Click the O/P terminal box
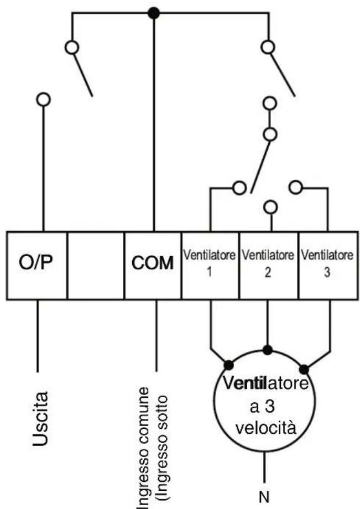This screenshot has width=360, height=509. click(36, 265)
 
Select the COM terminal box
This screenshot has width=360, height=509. click(153, 265)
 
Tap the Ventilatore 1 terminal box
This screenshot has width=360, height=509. click(210, 265)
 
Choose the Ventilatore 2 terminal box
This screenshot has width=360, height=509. click(269, 265)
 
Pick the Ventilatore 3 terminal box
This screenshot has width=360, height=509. click(328, 265)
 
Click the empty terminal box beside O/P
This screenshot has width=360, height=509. click(96, 265)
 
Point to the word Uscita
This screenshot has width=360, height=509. click(41, 419)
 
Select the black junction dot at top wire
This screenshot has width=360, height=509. click(153, 13)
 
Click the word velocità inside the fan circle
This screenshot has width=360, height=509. click(266, 428)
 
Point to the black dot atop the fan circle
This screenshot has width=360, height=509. click(268, 350)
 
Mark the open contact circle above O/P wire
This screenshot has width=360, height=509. click(44, 100)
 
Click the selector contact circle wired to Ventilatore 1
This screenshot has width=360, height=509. click(239, 188)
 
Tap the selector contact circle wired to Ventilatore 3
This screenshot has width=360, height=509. click(296, 187)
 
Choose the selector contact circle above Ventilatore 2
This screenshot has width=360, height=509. click(270, 206)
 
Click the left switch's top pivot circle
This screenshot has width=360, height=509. click(72, 48)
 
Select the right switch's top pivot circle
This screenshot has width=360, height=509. click(268, 48)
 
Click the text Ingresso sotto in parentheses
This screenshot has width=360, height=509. click(162, 452)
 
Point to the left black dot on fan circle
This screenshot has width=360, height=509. click(228, 365)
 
